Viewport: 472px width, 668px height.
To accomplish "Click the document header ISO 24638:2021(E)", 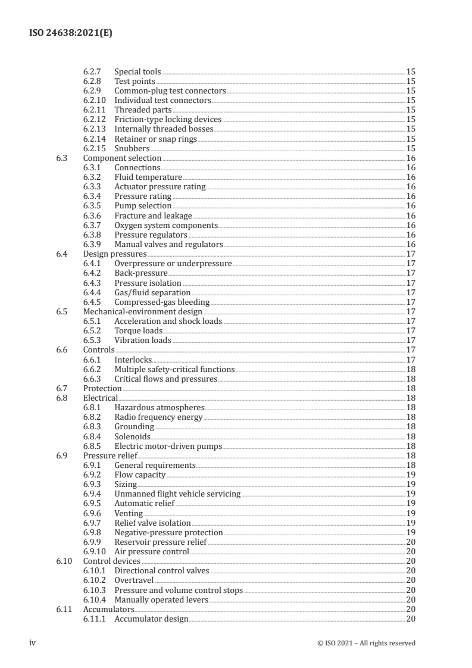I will pyautogui.click(x=70, y=33).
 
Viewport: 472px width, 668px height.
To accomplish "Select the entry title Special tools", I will pyautogui.click(x=137, y=72).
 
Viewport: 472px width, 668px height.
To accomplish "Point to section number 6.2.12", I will pyautogui.click(x=93, y=120).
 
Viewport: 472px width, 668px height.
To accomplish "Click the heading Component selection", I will pyautogui.click(x=122, y=158).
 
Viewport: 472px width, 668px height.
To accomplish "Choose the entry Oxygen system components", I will pyautogui.click(x=166, y=225).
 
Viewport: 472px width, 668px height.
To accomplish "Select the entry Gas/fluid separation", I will pyautogui.click(x=152, y=292).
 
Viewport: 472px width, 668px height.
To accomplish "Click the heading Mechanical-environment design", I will pyautogui.click(x=142, y=311).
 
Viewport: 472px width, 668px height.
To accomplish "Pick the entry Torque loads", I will pyautogui.click(x=138, y=330).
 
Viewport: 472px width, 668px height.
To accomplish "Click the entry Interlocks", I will pyautogui.click(x=133, y=360).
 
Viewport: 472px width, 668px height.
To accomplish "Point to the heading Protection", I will pyautogui.click(x=102, y=388).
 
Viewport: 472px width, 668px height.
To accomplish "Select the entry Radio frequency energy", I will pyautogui.click(x=158, y=417).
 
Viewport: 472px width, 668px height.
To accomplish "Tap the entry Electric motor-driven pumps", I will pyautogui.click(x=168, y=446).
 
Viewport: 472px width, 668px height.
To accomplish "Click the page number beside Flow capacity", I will pyautogui.click(x=410, y=475).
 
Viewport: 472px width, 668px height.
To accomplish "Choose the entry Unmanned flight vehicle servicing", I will pyautogui.click(x=177, y=494).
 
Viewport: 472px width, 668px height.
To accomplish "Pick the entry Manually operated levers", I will pyautogui.click(x=161, y=600).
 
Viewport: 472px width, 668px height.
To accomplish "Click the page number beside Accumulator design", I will pyautogui.click(x=410, y=619).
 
